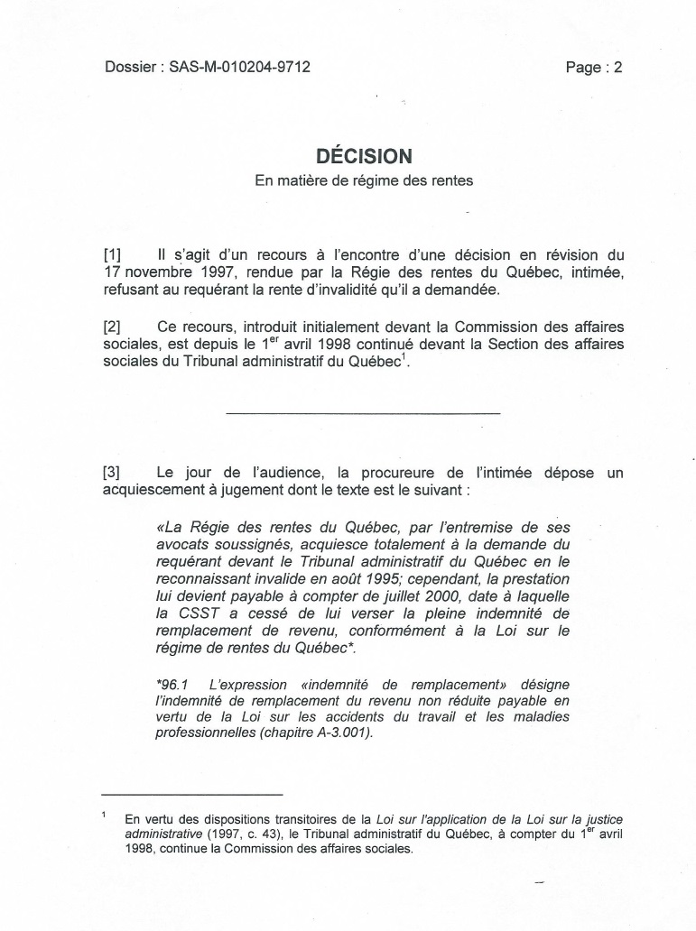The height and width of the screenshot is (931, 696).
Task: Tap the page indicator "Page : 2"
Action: pyautogui.click(x=594, y=67)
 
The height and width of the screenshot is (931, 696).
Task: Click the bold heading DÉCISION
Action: pyautogui.click(x=364, y=156)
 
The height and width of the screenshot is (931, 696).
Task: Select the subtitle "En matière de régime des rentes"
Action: pyautogui.click(x=364, y=180)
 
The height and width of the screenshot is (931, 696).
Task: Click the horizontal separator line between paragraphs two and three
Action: pyautogui.click(x=363, y=413)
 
